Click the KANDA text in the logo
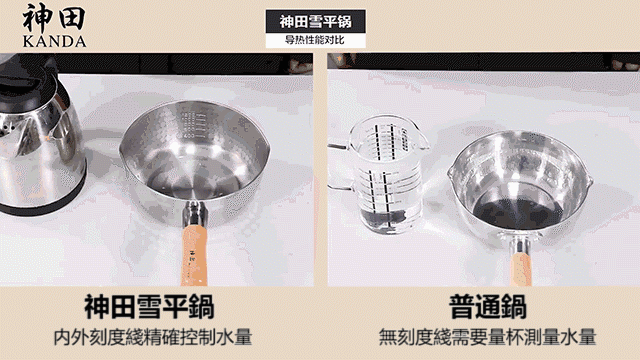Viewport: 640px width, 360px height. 54,42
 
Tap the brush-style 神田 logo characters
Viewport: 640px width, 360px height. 54,18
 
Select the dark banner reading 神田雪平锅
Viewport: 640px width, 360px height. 315,21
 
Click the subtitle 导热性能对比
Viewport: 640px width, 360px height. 315,40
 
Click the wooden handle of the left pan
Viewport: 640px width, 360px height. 193,255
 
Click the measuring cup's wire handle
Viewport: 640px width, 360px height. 341,167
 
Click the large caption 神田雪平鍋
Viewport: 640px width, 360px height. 149,307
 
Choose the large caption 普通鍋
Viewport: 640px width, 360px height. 488,307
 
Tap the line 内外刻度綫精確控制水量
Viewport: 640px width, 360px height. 153,338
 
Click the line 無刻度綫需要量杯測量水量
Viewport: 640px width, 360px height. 487,338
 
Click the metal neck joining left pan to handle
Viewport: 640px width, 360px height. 195,214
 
